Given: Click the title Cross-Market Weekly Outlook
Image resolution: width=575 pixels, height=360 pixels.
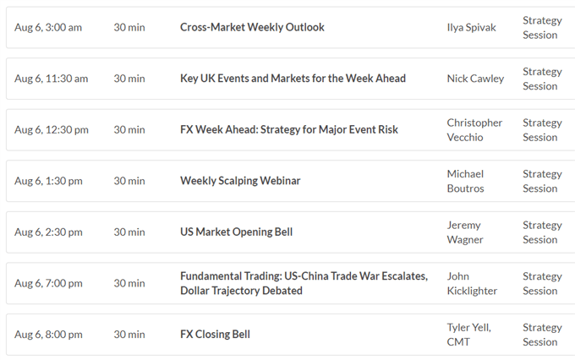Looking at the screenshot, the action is point(252,27).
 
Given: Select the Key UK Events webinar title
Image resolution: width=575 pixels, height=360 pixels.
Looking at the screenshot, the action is point(293,79).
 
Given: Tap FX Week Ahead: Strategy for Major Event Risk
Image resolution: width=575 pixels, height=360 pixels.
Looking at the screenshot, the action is point(289,130).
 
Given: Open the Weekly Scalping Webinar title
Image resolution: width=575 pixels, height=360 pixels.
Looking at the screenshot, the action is point(240,181).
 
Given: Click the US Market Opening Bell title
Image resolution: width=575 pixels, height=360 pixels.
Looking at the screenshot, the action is point(237,232).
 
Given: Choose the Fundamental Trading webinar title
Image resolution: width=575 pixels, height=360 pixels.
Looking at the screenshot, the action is point(304,283).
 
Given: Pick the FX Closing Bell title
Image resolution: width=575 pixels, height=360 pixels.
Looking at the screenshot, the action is point(216,335).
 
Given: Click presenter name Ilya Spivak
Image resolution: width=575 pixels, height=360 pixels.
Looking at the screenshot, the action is point(471,28).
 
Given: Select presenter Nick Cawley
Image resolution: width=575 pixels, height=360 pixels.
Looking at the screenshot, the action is point(475,79).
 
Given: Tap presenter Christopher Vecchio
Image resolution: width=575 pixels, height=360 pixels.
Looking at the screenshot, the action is point(474,130).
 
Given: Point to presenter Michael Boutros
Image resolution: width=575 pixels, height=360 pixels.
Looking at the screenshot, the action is point(465,181).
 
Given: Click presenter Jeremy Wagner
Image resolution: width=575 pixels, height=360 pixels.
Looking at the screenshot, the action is point(465,232).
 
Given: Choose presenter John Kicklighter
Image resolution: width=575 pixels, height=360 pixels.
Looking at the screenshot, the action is point(472,283).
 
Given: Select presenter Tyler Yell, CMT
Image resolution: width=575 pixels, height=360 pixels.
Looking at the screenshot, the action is point(468,335).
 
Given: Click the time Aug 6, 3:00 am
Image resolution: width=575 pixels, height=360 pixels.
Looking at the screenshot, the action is point(48,28).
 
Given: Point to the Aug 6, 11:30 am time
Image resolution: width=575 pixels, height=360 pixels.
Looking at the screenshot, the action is point(52,79).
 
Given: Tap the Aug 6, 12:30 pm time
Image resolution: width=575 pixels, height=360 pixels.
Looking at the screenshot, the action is point(52,130).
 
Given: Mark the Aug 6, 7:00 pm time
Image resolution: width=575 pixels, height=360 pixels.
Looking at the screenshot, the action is point(48,283).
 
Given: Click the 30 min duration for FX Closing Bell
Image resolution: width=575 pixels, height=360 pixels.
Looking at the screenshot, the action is point(129,335).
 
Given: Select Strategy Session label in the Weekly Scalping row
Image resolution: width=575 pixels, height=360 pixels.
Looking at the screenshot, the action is point(542,181).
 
